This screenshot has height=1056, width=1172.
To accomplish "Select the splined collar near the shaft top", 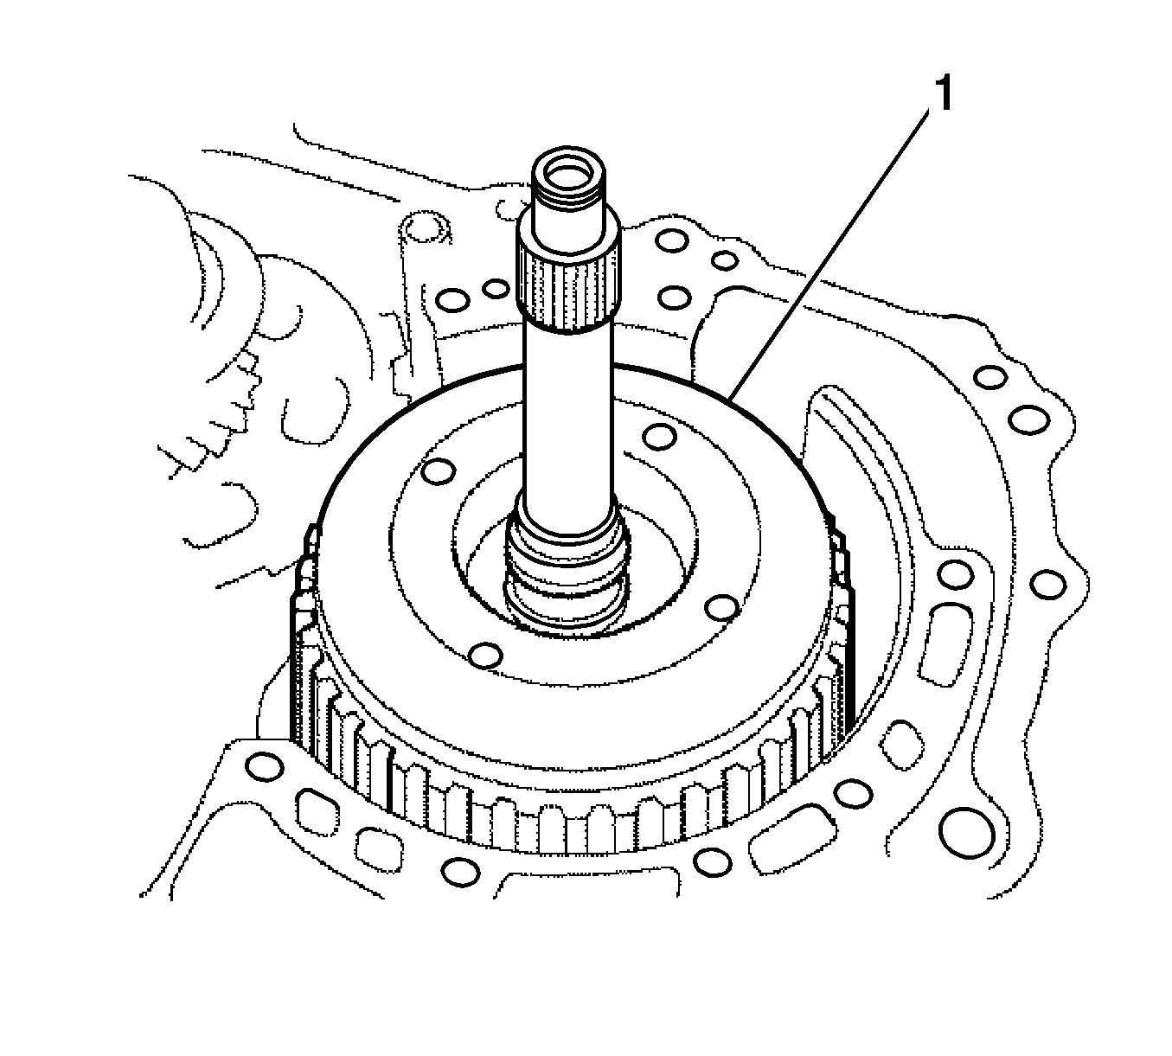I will [x=569, y=285].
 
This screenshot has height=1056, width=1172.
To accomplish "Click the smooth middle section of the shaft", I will [x=567, y=415].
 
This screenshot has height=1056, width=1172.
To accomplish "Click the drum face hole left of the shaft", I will [x=439, y=472].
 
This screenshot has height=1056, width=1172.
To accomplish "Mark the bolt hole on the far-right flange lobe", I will [x=1049, y=586].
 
